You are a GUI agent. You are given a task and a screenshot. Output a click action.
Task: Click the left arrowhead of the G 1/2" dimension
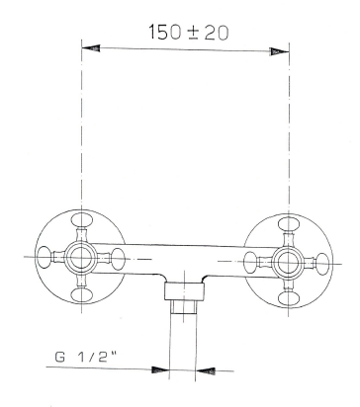(158, 369)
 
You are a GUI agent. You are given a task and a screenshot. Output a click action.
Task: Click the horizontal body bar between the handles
(183, 259)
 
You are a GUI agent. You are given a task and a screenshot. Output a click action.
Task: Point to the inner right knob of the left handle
(114, 260)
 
